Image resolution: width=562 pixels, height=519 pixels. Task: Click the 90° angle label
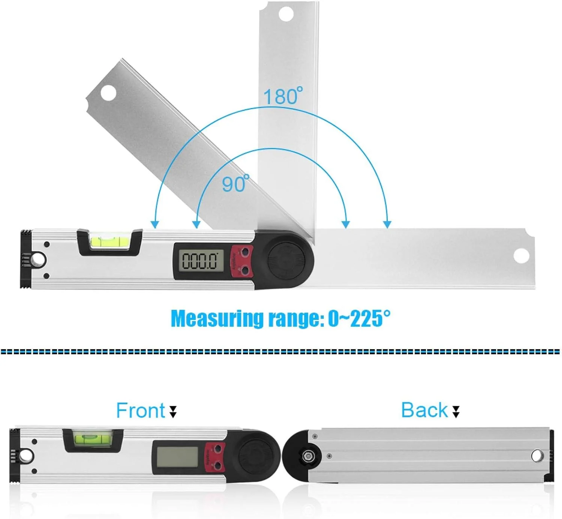[x=235, y=183]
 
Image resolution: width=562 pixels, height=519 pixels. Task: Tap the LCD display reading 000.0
[x=200, y=260]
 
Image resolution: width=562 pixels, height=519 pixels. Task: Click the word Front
[x=140, y=410]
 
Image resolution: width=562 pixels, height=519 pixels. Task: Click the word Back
[x=424, y=410]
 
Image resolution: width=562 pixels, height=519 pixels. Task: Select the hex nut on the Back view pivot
[x=307, y=456]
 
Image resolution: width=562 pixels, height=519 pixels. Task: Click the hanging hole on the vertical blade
[x=286, y=14]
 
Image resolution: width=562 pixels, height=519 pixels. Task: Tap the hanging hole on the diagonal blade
[x=108, y=92]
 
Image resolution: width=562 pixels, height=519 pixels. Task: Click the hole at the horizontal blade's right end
[x=521, y=256]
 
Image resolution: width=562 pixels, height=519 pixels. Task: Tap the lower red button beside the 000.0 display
[x=245, y=270]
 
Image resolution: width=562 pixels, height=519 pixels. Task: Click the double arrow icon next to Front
[x=173, y=411]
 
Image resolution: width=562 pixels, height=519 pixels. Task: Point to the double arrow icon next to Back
[x=456, y=411]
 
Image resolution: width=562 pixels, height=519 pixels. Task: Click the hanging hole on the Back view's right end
[x=537, y=456]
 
